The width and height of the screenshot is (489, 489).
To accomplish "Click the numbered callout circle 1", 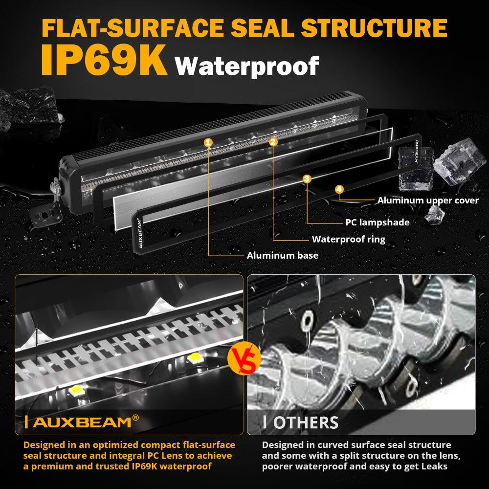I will coord(209,142).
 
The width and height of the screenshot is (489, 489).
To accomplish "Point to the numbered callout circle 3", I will coord(307,179).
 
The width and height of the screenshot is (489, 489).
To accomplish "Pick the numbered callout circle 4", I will coord(339,189).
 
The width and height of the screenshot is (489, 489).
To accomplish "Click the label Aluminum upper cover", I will coord(428,200).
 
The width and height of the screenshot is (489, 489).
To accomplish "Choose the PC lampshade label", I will coord(377,222).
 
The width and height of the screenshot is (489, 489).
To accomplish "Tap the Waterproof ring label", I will coord(349,239).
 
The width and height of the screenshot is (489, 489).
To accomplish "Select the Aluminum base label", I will coord(282,255).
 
